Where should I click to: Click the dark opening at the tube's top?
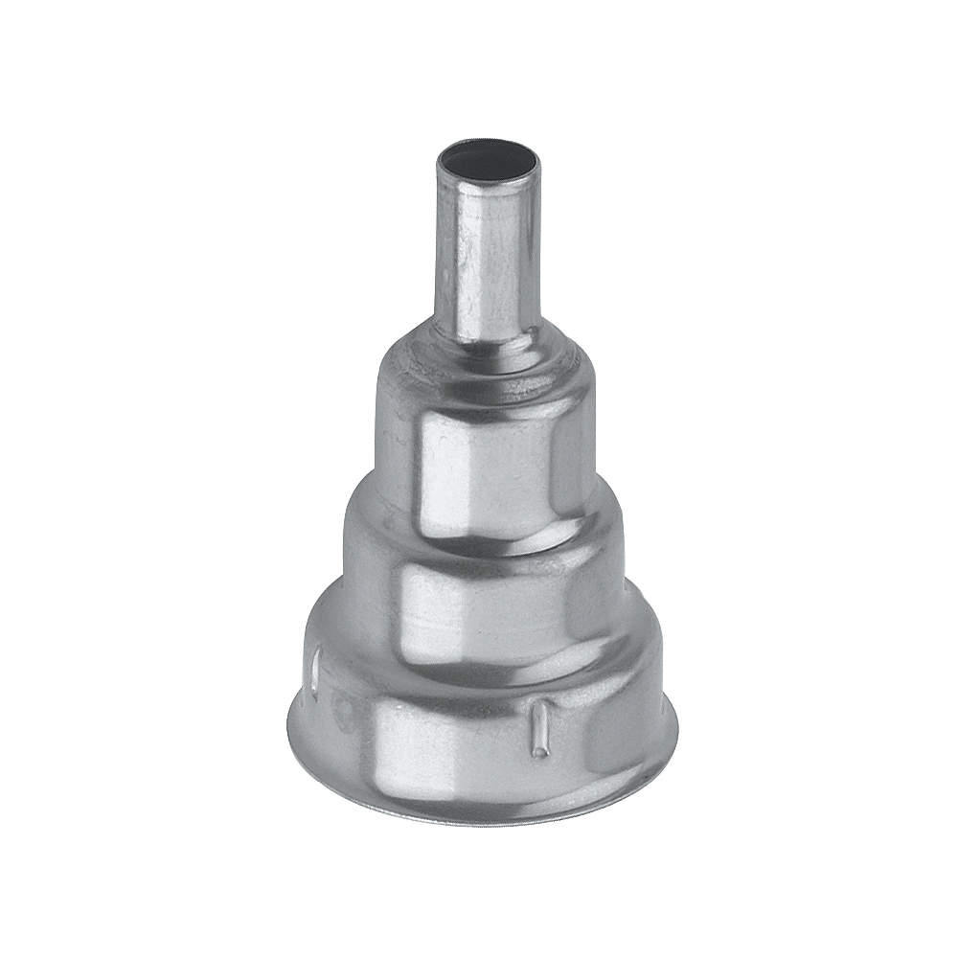[x=488, y=159]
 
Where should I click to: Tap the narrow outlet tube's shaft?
[x=488, y=259]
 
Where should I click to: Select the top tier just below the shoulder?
[x=484, y=460]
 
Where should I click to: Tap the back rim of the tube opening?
[x=488, y=143]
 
